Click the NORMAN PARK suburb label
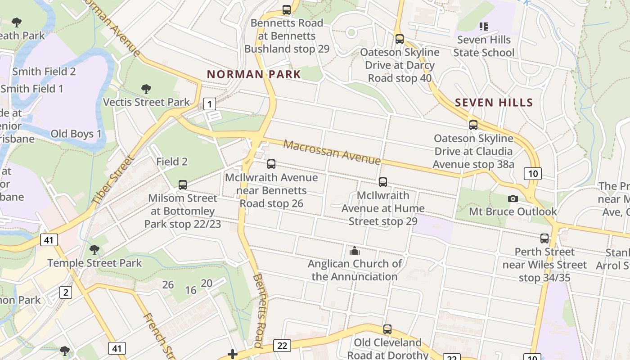point(254,74)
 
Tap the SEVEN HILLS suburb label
point(494,103)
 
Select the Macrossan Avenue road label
point(332,152)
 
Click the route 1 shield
point(209,104)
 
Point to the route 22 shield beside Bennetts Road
point(282,346)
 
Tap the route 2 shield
point(66,293)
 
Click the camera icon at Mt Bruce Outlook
point(513,198)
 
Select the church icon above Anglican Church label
point(355,251)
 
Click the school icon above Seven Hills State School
point(484,27)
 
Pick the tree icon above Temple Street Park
point(94,250)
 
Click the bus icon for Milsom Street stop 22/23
point(183,184)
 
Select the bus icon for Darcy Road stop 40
point(400,39)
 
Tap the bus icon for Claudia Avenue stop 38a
point(473,125)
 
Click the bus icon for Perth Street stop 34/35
point(544,238)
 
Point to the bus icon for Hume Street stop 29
point(383,182)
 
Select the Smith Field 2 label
point(44,72)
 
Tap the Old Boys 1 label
point(76,134)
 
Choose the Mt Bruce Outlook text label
point(513,211)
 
